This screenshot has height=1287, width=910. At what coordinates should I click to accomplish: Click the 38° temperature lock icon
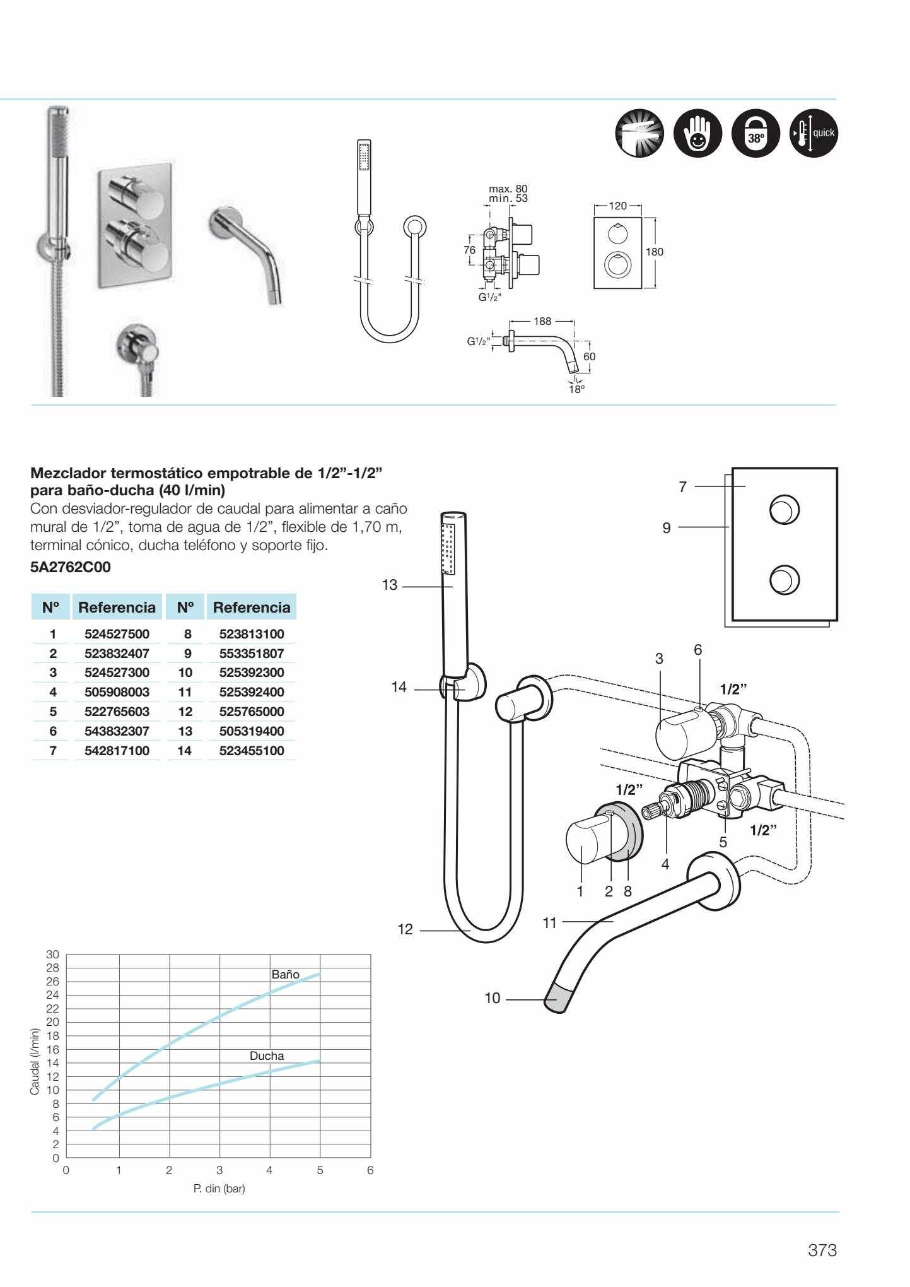click(754, 134)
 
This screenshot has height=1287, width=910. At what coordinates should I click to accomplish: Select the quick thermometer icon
click(813, 134)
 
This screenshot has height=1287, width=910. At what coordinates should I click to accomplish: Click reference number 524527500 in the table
click(114, 634)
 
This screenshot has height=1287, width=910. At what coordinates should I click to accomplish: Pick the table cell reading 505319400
click(252, 731)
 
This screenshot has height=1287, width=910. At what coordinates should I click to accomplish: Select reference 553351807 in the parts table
click(252, 654)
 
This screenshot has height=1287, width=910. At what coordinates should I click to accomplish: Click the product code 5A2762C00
click(70, 567)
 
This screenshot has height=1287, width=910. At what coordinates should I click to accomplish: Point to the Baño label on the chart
click(285, 973)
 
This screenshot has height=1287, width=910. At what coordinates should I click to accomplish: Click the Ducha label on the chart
click(267, 1055)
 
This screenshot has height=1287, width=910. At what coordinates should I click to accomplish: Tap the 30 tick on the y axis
click(52, 954)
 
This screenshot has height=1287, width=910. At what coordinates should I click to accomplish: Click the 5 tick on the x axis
click(320, 1170)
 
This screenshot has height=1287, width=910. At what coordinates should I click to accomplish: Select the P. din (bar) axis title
click(219, 1189)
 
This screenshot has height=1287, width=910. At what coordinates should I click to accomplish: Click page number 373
click(822, 1250)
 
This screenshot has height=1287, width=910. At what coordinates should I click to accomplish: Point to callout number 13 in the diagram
click(390, 585)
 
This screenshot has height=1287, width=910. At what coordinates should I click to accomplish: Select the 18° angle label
click(576, 389)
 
